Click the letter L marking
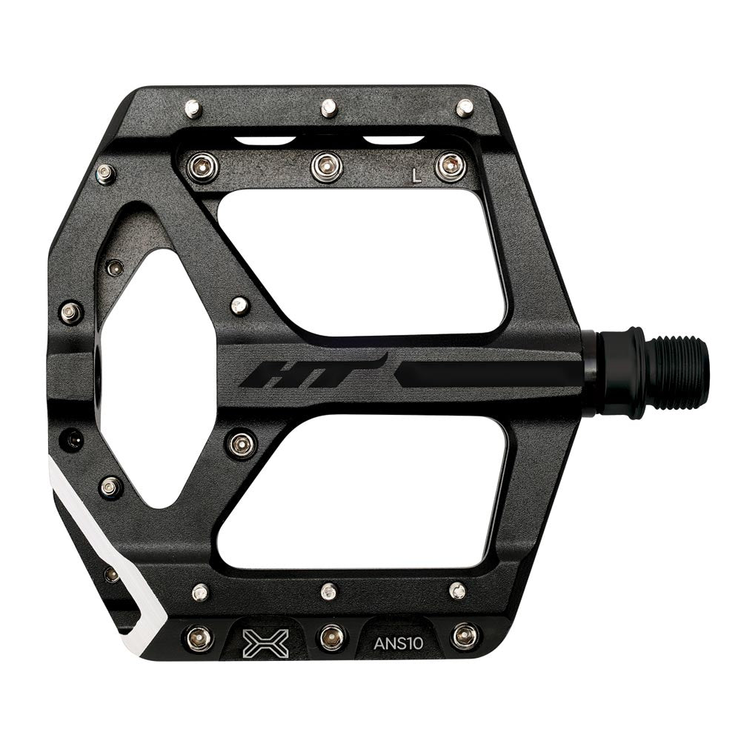tap(417, 176)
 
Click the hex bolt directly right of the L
tap(451, 167)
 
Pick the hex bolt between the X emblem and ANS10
tap(331, 636)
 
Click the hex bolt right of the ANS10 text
tap(465, 635)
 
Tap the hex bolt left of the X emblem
tap(199, 637)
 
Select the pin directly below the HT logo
tap(242, 444)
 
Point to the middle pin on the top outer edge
tap(329, 109)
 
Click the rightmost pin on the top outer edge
tap(465, 108)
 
